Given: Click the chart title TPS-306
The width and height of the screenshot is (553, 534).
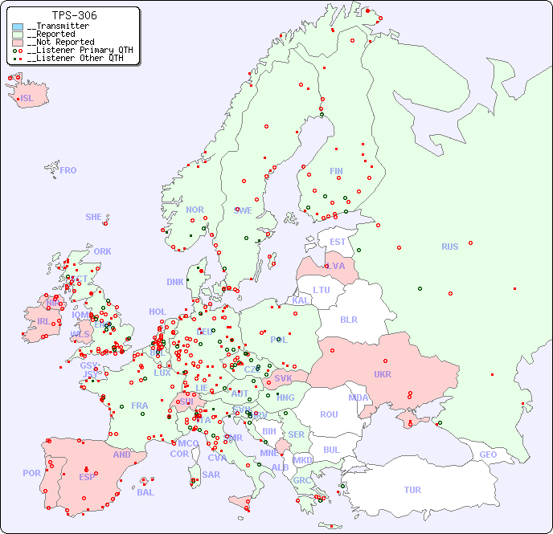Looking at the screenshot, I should pyautogui.click(x=74, y=15).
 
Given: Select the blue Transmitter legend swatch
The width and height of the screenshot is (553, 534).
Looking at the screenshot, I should pyautogui.click(x=18, y=26).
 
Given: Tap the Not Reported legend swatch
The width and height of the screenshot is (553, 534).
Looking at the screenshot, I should pyautogui.click(x=18, y=42).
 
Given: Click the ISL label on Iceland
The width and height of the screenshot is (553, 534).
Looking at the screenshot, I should pyautogui.click(x=27, y=99).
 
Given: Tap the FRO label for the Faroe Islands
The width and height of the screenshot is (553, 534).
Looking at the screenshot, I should pyautogui.click(x=68, y=170).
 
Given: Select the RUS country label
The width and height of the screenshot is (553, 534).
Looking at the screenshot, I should pyautogui.click(x=449, y=247).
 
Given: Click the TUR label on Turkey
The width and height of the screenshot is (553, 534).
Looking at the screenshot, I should pyautogui.click(x=412, y=490).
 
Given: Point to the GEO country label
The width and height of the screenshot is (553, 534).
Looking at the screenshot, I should pyautogui.click(x=488, y=455).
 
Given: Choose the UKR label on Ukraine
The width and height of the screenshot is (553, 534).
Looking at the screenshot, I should pyautogui.click(x=383, y=374).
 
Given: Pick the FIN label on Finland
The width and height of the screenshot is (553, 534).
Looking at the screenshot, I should pyautogui.click(x=336, y=171).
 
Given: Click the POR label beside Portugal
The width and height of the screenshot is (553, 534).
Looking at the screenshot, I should pyautogui.click(x=31, y=473).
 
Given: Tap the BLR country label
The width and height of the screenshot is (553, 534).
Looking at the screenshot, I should pyautogui.click(x=349, y=319).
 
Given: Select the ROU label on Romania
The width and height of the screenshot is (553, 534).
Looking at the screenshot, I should pyautogui.click(x=329, y=414).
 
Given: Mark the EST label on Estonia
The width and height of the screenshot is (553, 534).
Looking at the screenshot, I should pyautogui.click(x=338, y=242).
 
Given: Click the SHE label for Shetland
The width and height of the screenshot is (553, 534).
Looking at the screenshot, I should pyautogui.click(x=94, y=217).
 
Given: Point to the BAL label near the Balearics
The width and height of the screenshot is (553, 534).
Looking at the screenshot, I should pyautogui.click(x=145, y=492).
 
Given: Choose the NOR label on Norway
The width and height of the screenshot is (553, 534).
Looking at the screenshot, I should pyautogui.click(x=195, y=210).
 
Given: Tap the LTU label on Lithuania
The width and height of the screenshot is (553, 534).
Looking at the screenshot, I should pyautogui.click(x=322, y=290).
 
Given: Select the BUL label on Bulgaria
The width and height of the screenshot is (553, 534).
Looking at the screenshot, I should pyautogui.click(x=331, y=450).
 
